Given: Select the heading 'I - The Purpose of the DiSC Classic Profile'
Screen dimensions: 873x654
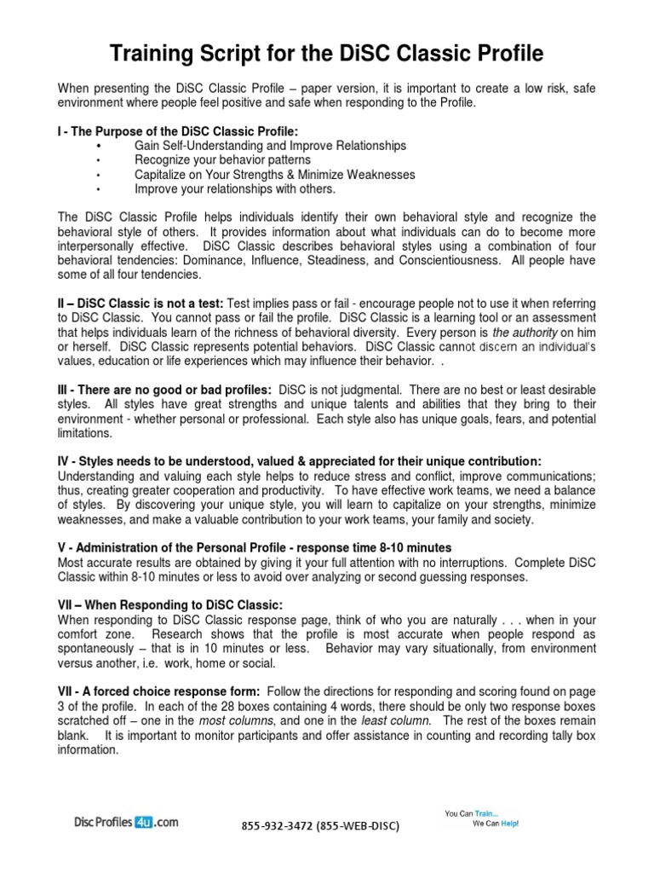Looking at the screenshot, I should pyautogui.click(x=178, y=131).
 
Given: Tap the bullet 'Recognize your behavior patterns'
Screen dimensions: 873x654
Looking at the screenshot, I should pyautogui.click(x=222, y=160).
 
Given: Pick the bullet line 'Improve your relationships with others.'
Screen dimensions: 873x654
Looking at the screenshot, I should pyautogui.click(x=235, y=189).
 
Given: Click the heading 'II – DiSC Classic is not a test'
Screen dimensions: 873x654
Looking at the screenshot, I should pyautogui.click(x=141, y=304).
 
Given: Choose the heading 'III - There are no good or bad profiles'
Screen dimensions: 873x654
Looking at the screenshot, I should pyautogui.click(x=164, y=390).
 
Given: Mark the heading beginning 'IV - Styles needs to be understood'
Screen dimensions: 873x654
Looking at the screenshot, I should pyautogui.click(x=299, y=461).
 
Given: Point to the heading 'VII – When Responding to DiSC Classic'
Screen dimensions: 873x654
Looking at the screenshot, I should pyautogui.click(x=169, y=605).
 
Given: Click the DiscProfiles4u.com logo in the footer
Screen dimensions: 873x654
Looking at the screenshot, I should pyautogui.click(x=125, y=823).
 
